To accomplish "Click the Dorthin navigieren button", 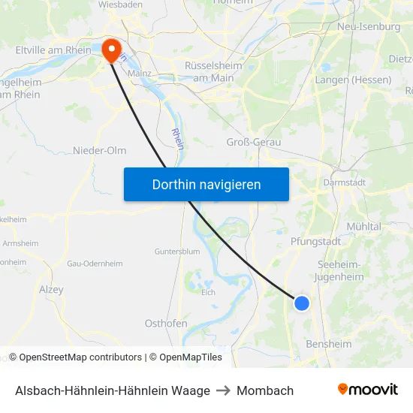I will coord(206,184).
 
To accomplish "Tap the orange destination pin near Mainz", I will coord(112,50).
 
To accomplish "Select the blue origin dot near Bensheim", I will coord(301,303).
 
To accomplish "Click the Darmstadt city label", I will coord(343,182).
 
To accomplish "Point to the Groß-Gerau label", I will coord(253,141).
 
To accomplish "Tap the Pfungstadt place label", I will coord(315,241).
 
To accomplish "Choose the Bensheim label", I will coord(329,344).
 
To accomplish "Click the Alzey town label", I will coord(51,288).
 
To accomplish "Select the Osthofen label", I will coord(166,323).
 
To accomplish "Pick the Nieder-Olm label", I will coord(99,150).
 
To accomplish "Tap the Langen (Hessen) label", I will coord(353,80).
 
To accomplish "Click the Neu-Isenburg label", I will coord(369,26).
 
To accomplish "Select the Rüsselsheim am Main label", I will coord(213,71).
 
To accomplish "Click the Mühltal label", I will coord(363,226).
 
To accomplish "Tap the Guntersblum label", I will coord(176,251).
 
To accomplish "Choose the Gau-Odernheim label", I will coord(89,264).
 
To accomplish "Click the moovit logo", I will coord(368,390).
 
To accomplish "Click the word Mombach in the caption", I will coord(265,390).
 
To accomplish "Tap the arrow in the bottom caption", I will coord(223,390).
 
